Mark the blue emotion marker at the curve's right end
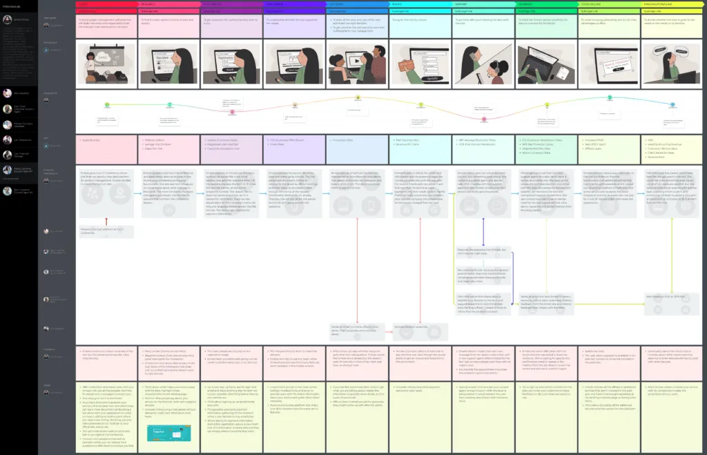[x=672, y=105]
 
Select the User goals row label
[x=50, y=18]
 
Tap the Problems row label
[x=50, y=349]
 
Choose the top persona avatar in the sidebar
[x=8, y=19]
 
